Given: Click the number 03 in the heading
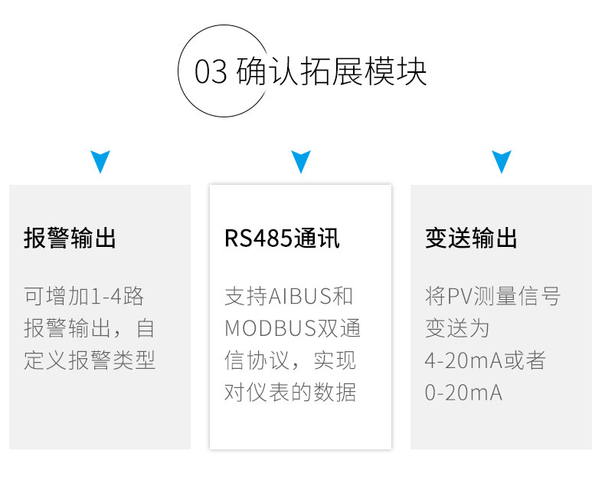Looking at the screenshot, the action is point(211,71).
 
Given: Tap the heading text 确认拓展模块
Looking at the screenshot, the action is point(332,71).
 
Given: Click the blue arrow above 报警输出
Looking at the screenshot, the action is point(100,162).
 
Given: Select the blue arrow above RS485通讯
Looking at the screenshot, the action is point(301,162).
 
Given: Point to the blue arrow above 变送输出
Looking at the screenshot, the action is point(502,162).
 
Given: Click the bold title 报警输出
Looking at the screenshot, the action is point(70,238).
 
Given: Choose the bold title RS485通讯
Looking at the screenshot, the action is point(282,238).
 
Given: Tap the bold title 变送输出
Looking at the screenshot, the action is point(471,238).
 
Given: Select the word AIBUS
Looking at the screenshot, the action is point(299,297).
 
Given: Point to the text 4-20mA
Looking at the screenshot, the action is point(463,361).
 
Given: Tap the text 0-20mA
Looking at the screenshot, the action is point(463,393).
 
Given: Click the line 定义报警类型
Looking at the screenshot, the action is point(90,360).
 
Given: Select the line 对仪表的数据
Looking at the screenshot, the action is point(290,393).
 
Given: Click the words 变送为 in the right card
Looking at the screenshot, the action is point(457,328).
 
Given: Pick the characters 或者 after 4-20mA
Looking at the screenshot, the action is point(525,360).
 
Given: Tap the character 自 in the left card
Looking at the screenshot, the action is point(146,328).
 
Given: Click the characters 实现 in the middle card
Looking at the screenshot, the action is point(335,360).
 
